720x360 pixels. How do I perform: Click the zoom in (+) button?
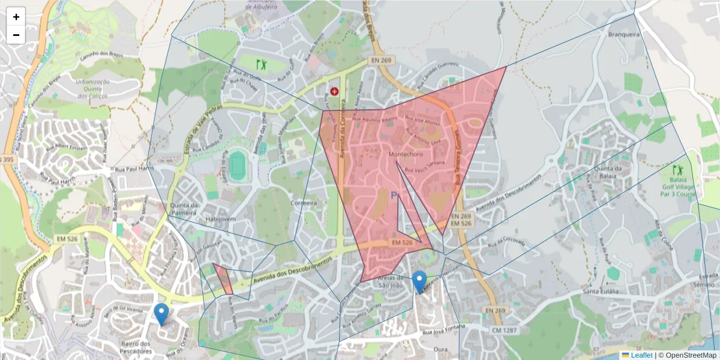[16, 17]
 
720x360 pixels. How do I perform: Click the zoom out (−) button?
[16, 35]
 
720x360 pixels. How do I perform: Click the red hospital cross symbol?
[334, 92]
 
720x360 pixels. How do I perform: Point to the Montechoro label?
[406, 155]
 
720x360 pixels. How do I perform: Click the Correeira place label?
[304, 203]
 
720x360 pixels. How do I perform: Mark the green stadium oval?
[238, 165]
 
